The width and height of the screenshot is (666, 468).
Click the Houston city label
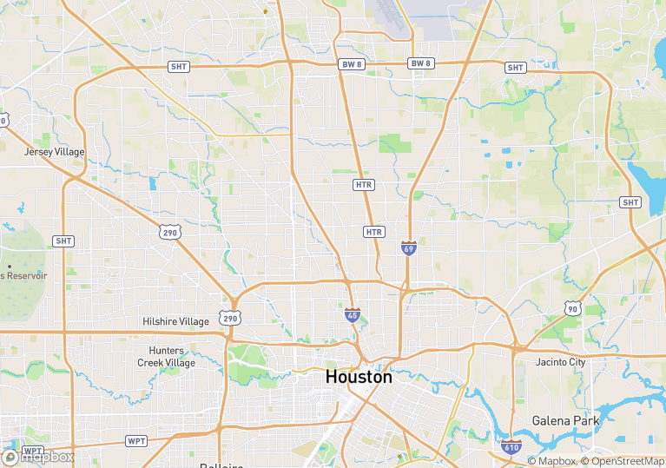[x=358, y=377]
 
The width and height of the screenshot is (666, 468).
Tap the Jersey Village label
[x=55, y=151]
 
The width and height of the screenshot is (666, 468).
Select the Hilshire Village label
[x=175, y=321]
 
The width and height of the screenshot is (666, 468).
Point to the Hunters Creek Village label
[x=166, y=357]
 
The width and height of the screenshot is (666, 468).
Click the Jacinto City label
[x=560, y=361]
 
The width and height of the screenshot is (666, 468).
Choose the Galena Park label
[x=565, y=420]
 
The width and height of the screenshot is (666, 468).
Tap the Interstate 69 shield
[x=408, y=248]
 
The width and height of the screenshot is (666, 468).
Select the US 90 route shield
[x=571, y=308]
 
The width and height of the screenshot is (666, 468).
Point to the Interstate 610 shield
[x=511, y=447]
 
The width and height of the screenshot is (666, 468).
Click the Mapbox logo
[x=38, y=457]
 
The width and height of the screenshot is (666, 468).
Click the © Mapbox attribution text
[x=551, y=461]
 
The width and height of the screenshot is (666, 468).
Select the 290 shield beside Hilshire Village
[x=229, y=319]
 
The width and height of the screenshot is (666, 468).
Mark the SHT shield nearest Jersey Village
[x=63, y=241]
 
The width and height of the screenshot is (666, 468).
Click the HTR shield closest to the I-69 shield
[x=374, y=232]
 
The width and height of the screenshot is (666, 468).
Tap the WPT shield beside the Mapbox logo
[x=32, y=452]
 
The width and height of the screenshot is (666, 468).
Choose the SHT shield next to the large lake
[x=630, y=202]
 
